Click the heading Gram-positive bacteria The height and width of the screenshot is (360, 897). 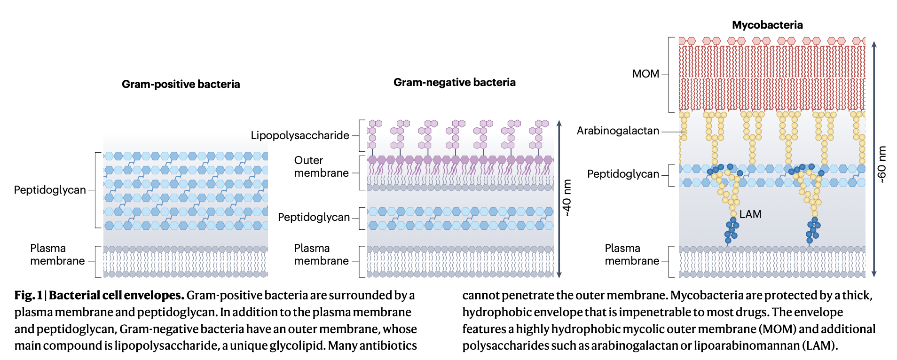pyautogui.click(x=181, y=84)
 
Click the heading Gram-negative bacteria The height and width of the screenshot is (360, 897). pyautogui.click(x=454, y=82)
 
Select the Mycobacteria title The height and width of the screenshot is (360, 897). pyautogui.click(x=767, y=25)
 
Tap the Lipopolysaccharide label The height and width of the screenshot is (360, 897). pyautogui.click(x=300, y=135)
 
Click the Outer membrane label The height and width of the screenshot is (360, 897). pyautogui.click(x=321, y=167)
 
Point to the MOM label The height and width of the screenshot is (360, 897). pyautogui.click(x=645, y=74)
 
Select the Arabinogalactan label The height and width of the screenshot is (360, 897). pyautogui.click(x=618, y=131)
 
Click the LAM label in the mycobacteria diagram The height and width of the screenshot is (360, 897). pyautogui.click(x=750, y=214)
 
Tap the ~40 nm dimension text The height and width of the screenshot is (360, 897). pyautogui.click(x=567, y=198)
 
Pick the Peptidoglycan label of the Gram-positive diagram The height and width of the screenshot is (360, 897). pyautogui.click(x=50, y=190)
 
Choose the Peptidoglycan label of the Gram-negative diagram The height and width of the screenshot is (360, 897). pyautogui.click(x=314, y=217)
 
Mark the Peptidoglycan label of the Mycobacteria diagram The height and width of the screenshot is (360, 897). pyautogui.click(x=623, y=174)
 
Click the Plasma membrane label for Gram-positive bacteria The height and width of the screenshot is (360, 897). pyautogui.click(x=57, y=255)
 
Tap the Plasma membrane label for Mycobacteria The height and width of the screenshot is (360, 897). pyautogui.click(x=632, y=255)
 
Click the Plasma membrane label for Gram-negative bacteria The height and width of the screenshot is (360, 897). pyautogui.click(x=321, y=255)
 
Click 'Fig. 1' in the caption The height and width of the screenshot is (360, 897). pyautogui.click(x=28, y=296)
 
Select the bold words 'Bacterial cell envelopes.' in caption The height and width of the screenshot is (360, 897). pyautogui.click(x=116, y=296)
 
